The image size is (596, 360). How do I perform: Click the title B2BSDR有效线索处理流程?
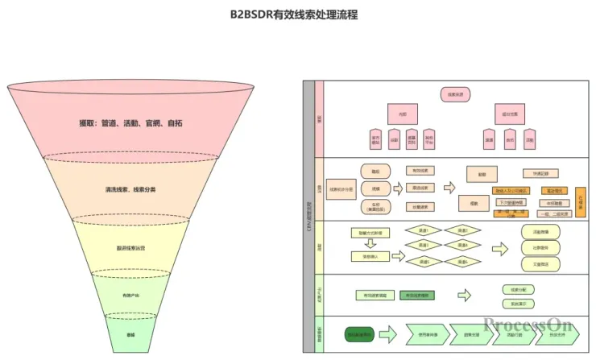pos(299,14)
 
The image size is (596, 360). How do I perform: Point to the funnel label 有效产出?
pos(130,296)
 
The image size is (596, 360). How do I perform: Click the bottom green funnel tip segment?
pos(130,333)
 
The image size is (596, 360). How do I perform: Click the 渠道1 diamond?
pos(423,230)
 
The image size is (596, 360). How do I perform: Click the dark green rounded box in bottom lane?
pos(358,333)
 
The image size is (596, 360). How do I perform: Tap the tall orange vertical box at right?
pos(581,201)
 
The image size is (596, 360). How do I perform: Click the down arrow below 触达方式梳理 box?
pos(370,244)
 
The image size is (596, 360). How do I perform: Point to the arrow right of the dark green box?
pos(388,333)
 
